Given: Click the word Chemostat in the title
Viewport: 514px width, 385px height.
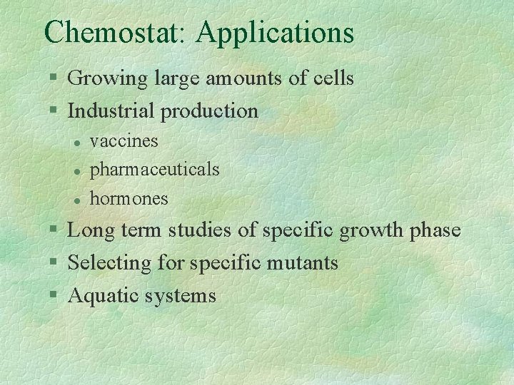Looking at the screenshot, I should pyautogui.click(x=114, y=32).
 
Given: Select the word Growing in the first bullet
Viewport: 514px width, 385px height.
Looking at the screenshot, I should pyautogui.click(x=108, y=78).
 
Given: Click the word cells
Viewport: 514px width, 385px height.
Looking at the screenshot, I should pyautogui.click(x=333, y=78).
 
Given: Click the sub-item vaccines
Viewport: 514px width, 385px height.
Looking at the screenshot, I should pyautogui.click(x=124, y=141).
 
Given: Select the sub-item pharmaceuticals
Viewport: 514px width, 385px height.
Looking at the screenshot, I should pyautogui.click(x=154, y=170).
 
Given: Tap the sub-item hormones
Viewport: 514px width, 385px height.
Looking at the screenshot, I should pyautogui.click(x=128, y=198).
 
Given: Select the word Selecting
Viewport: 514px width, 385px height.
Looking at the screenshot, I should pyautogui.click(x=110, y=263).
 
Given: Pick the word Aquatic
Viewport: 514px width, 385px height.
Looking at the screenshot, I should pyautogui.click(x=104, y=296).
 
